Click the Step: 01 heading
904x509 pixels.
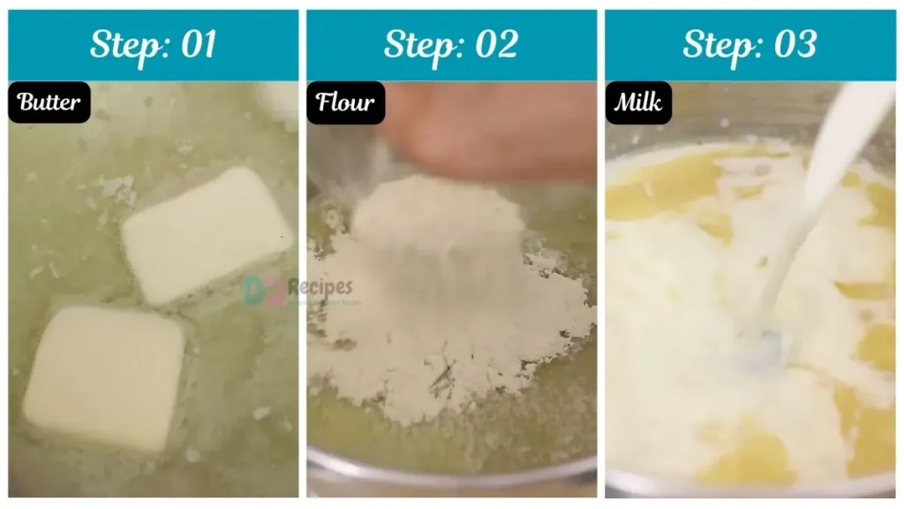(x=153, y=45)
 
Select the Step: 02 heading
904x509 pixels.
(x=451, y=45)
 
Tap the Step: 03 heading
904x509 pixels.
(x=750, y=45)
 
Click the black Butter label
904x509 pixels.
(x=49, y=103)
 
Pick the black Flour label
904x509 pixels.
(x=345, y=103)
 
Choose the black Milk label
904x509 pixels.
(x=638, y=103)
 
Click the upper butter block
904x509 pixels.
(x=207, y=234)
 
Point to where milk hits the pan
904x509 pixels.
(x=761, y=345)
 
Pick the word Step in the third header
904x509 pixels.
(x=719, y=45)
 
